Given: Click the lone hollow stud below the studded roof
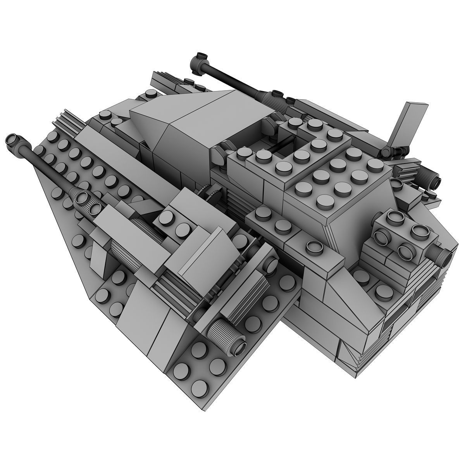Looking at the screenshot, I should point(314,246).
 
